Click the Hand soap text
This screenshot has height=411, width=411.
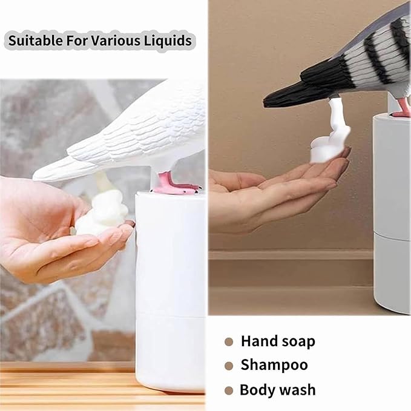278,341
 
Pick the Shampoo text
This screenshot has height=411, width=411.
274,365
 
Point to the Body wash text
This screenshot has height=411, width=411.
277,389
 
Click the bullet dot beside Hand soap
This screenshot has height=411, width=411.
229,341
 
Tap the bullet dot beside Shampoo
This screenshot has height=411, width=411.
229,366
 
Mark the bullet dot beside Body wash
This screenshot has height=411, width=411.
229,390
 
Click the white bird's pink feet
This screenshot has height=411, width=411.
176,183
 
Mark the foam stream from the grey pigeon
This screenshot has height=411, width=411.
335,118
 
